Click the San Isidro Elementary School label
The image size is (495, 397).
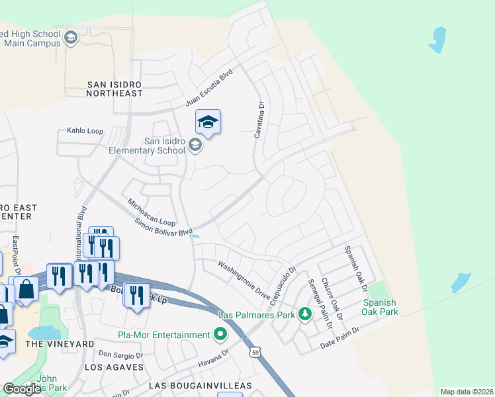pos(147,146)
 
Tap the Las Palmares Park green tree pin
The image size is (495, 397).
pos(305,314)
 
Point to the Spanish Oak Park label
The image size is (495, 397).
pos(380,307)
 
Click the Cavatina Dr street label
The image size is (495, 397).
pos(260,120)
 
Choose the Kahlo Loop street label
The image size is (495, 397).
pos(85,131)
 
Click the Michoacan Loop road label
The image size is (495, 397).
pos(151,212)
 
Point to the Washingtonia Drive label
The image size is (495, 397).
pos(244,281)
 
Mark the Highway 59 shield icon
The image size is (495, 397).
pos(255,353)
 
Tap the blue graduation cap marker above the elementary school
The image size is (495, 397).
pos(208,122)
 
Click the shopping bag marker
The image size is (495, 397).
pos(26,289)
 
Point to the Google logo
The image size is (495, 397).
pos(22,389)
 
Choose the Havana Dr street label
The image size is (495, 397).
pos(212,361)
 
